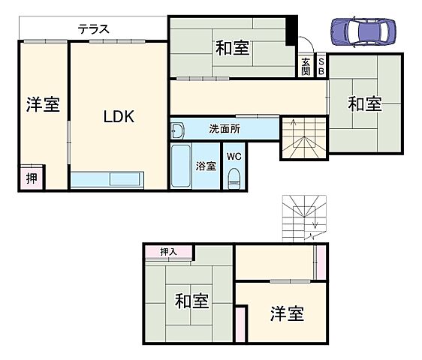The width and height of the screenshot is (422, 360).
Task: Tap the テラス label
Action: click(x=94, y=29)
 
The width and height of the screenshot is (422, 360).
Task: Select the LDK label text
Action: click(x=118, y=117)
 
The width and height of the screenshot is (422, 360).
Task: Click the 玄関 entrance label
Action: click(x=306, y=66)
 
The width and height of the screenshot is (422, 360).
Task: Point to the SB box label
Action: click(x=321, y=66)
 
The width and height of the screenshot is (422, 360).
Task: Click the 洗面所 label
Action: click(x=225, y=129)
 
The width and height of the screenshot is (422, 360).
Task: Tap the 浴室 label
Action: click(x=206, y=164)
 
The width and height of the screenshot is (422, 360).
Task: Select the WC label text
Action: click(x=233, y=157)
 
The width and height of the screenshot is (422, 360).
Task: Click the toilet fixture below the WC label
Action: click(x=234, y=178)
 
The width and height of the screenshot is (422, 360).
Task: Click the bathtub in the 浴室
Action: click(x=181, y=166)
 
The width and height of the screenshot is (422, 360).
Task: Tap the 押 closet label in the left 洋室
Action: click(x=32, y=178)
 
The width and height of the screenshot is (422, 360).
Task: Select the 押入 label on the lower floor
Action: click(x=168, y=252)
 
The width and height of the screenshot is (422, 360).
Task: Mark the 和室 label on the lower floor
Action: click(x=191, y=301)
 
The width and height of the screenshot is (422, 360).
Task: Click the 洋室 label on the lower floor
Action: click(x=286, y=313)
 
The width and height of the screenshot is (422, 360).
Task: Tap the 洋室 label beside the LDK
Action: click(x=43, y=105)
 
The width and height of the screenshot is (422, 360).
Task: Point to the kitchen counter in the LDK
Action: click(x=116, y=180)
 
